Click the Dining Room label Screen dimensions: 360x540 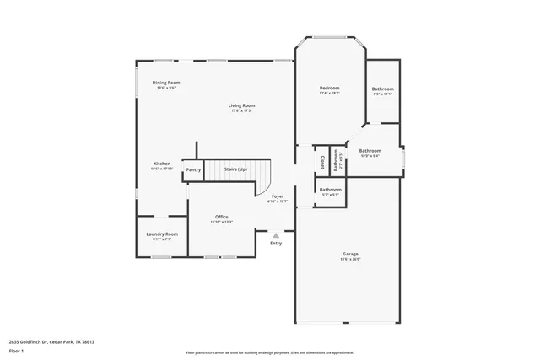pos(166,83)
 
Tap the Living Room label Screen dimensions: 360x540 pos(241,105)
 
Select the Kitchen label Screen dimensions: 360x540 pos(162,164)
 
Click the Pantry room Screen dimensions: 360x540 pos(193,169)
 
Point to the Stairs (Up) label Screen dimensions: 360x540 pos(235,169)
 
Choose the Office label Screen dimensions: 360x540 pos(222,217)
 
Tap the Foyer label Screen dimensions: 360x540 pos(278,196)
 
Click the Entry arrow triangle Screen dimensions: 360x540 pos(276,235)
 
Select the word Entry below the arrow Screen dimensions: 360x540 pos(276,244)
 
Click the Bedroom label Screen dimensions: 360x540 pos(329,89)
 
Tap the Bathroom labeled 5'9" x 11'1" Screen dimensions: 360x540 pos(383,89)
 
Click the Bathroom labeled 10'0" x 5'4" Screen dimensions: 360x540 pos(370,150)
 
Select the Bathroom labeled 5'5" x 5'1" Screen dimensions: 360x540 pos(330,190)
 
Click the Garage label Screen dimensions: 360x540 pos(350,254)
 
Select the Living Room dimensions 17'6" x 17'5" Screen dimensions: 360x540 pos(241,110)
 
